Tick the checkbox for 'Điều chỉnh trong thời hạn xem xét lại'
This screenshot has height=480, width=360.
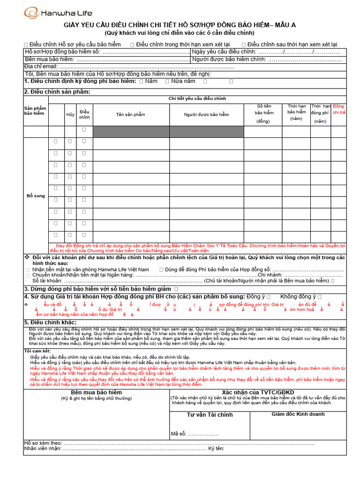(132, 45)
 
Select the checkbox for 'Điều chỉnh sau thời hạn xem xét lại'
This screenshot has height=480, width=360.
(243, 45)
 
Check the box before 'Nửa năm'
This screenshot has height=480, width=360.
(167, 82)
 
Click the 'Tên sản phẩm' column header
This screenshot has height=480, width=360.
(131, 115)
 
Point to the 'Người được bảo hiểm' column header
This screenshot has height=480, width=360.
(206, 115)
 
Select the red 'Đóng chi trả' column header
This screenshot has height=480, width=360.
(338, 110)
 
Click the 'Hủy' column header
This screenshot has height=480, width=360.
(70, 115)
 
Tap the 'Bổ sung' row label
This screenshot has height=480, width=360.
(36, 195)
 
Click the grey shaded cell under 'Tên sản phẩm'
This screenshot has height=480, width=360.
(131, 132)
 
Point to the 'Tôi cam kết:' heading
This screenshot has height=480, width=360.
(37, 351)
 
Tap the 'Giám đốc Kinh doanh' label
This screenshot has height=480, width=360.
(298, 414)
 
